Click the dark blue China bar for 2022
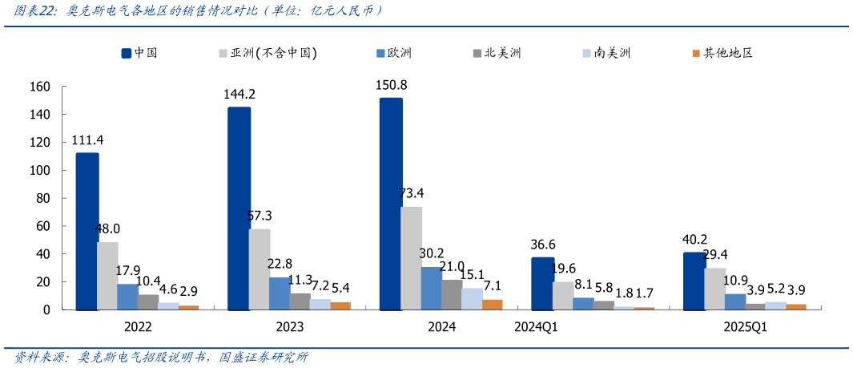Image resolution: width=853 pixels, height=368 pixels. (x=87, y=231)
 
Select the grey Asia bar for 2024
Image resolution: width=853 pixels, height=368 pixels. (x=411, y=258)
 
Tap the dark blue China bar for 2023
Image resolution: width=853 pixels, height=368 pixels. (x=239, y=208)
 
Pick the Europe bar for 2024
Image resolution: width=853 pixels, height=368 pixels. (x=431, y=288)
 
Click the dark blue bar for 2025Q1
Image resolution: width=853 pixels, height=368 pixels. (x=694, y=281)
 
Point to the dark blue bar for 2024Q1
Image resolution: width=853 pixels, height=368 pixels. (x=542, y=283)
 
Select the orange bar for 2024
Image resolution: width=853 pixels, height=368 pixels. (x=493, y=305)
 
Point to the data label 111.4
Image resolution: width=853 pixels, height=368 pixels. (x=87, y=140)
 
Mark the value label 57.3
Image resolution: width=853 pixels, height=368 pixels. (x=260, y=216)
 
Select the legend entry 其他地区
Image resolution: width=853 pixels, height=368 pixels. (x=727, y=53)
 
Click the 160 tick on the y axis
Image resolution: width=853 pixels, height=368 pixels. (x=39, y=87)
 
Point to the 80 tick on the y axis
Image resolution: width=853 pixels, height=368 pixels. (x=42, y=198)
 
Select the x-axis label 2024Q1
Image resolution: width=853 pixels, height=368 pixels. (x=537, y=326)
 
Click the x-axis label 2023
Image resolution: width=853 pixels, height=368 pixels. (x=290, y=326)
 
